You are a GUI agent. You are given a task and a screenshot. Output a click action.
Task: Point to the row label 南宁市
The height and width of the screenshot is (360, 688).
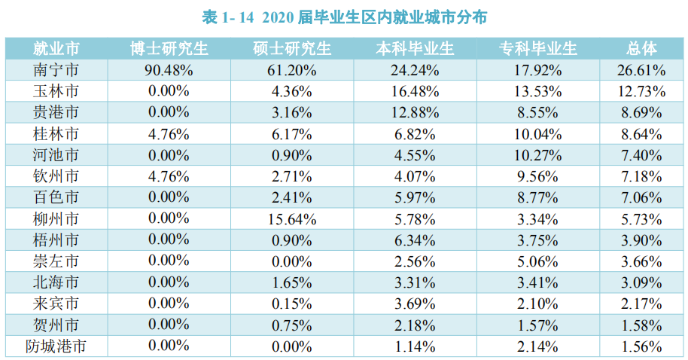click(x=56, y=71)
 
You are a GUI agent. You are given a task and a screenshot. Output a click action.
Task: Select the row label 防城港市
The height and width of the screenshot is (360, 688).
click(x=56, y=347)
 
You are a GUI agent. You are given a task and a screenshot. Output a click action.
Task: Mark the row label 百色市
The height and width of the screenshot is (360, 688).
click(x=56, y=198)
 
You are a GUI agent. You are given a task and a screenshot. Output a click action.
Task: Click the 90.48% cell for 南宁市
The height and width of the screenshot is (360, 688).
click(x=169, y=71)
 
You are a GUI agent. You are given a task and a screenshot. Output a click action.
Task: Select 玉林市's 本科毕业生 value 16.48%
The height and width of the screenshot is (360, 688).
click(x=415, y=92)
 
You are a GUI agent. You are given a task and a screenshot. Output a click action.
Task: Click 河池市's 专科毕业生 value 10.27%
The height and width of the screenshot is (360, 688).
click(x=537, y=156)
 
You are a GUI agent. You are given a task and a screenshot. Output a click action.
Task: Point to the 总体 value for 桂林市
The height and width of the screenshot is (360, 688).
click(x=642, y=135)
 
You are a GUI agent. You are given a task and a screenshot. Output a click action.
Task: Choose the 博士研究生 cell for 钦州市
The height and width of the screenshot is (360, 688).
click(x=169, y=177)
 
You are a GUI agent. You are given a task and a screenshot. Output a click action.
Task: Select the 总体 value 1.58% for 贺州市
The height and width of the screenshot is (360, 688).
click(x=642, y=326)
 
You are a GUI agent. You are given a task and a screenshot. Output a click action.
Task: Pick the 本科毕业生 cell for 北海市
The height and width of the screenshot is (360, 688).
click(x=415, y=283)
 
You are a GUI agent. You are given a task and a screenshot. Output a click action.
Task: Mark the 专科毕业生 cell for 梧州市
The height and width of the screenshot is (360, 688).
click(x=537, y=241)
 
